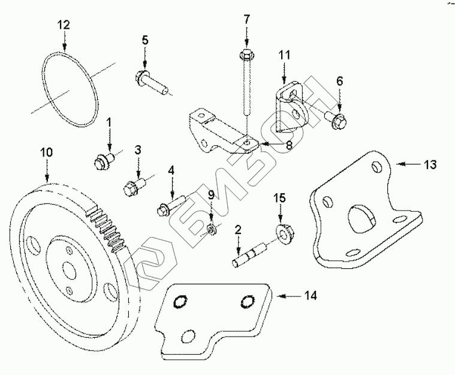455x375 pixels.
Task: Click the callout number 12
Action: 64,25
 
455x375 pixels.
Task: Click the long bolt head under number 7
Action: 246,55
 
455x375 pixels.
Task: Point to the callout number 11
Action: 284,55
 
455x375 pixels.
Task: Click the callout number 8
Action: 289,145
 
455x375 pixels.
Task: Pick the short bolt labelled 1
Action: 104,161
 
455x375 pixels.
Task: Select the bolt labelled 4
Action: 171,205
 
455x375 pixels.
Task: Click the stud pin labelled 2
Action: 249,255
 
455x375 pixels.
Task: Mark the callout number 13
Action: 430,164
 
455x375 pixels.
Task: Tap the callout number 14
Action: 311,295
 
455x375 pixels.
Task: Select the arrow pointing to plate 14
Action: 288,296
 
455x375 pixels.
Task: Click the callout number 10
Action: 47,152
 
